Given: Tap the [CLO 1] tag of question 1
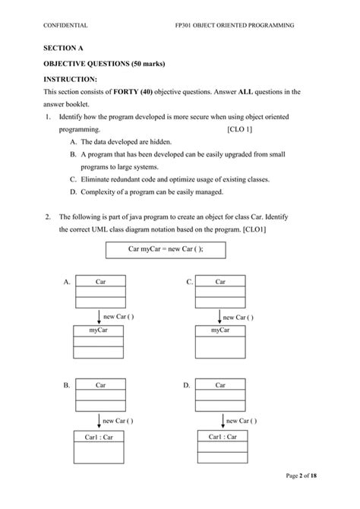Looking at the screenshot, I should (240, 130).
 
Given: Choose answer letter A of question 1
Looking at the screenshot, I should (72, 142).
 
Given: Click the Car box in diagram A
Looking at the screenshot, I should (99, 282).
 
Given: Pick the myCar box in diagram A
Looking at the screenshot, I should (97, 330).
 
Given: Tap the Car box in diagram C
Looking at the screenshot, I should (220, 282).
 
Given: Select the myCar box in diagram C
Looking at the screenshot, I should (221, 330).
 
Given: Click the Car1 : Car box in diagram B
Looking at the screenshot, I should (98, 437).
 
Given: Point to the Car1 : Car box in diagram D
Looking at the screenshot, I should (223, 437).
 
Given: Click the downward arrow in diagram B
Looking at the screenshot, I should (99, 419).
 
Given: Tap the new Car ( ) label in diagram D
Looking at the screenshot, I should (242, 420).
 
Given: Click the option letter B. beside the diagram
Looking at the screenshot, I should (68, 386).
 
